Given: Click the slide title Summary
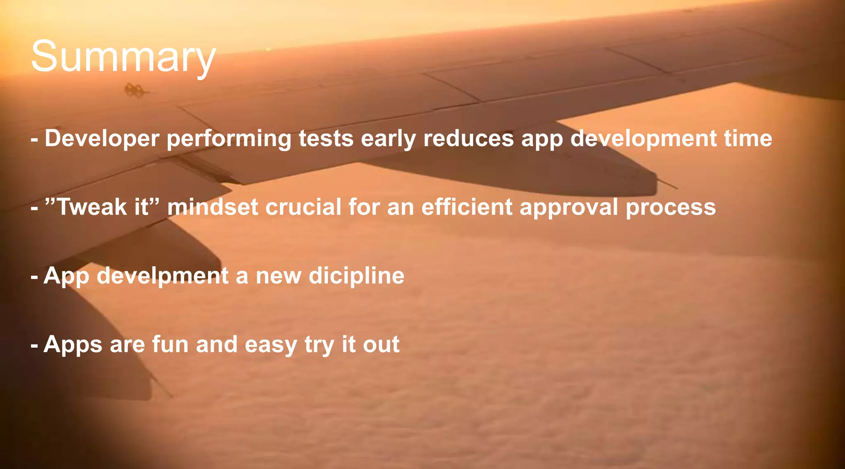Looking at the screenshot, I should point(123,57).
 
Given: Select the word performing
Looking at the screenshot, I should point(229,139).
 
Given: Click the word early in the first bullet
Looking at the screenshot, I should point(388,139).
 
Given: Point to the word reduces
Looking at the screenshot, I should point(468,138).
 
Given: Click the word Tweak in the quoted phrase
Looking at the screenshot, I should point(91,207).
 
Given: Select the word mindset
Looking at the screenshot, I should point(212,207).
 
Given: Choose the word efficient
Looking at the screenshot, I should point(467,207).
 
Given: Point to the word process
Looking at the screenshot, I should point(670,207).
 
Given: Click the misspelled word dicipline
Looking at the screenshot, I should point(356,276).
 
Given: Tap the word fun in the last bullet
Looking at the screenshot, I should point(170,344).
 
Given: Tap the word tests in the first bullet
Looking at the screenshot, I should point(326,139).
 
